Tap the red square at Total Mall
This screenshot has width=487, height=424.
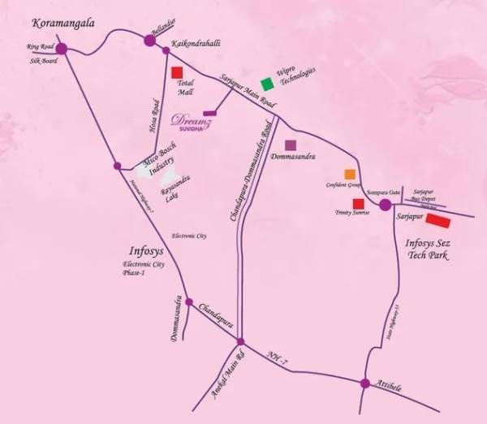pos(177,71)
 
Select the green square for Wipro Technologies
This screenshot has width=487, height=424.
pos(265,83)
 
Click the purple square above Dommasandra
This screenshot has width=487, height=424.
pos(290,145)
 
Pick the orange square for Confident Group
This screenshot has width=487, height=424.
pos(350,174)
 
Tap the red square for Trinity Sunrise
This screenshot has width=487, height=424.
pos(356,203)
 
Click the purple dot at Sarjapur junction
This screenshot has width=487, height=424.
pos(386,205)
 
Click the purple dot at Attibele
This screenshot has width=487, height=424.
pos(366,382)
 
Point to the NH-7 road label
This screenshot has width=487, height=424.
pos(278,357)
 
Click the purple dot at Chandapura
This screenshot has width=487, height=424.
pos(188,302)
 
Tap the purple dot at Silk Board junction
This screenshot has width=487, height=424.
pos(62,49)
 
